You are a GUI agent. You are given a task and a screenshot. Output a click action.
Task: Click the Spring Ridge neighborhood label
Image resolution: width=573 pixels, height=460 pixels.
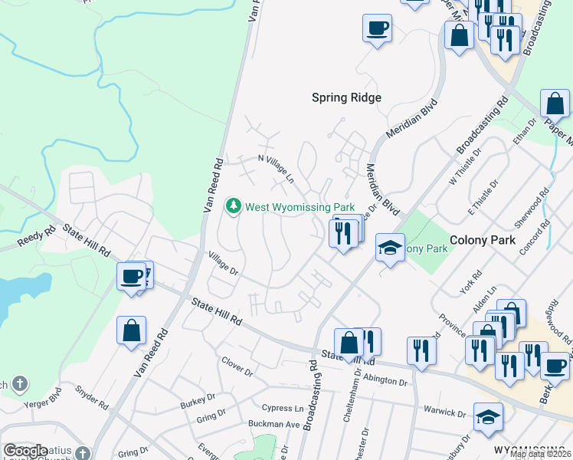point(346,97)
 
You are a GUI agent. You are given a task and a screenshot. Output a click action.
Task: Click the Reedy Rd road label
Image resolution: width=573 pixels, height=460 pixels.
point(36,238)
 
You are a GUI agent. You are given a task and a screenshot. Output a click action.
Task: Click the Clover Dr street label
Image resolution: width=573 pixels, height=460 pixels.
point(237,366)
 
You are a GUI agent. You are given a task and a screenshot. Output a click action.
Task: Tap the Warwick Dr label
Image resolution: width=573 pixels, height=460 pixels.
point(445,412)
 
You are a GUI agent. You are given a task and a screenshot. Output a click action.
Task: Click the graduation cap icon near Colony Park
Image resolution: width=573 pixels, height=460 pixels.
point(390,248)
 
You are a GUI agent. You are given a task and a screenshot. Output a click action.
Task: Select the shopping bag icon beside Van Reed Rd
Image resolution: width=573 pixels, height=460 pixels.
point(132,330)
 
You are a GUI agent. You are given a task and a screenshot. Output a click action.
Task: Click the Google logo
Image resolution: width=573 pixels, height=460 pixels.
point(25,451)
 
